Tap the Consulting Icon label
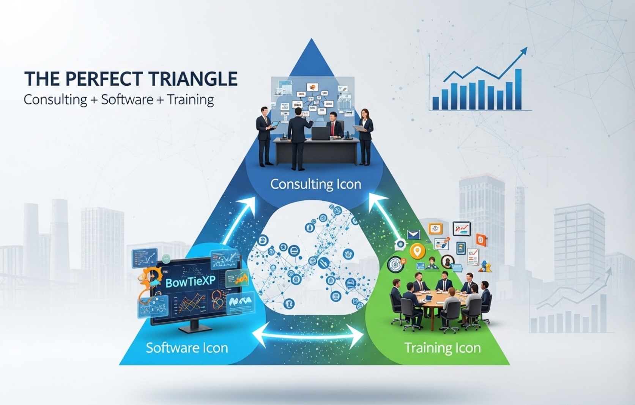[x=315, y=184]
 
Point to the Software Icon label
[x=187, y=348]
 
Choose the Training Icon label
[x=442, y=348]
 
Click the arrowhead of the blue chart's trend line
[x=524, y=50]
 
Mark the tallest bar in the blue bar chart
[x=518, y=89]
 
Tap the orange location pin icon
[x=417, y=251]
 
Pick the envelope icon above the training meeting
[x=413, y=235]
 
